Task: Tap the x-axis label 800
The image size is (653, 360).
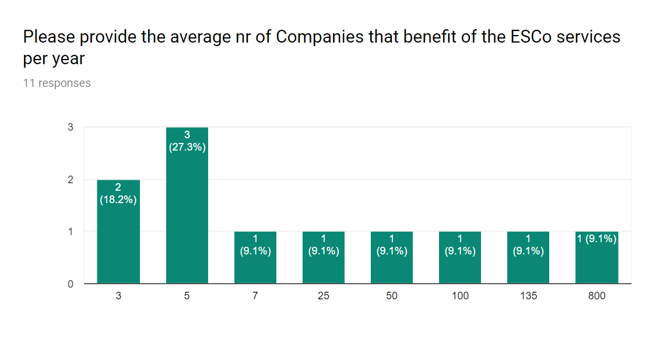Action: click(x=596, y=296)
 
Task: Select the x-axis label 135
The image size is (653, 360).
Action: click(x=528, y=296)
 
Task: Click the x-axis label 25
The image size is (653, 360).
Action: click(x=323, y=296)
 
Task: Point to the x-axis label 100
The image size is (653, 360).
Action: click(x=459, y=296)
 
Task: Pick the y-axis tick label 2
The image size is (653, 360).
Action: click(x=70, y=180)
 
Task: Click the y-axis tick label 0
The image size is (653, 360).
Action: click(x=70, y=284)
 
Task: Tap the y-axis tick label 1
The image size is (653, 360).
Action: click(x=70, y=232)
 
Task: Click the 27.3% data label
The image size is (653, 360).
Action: click(x=187, y=147)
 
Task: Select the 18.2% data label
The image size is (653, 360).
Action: click(x=118, y=200)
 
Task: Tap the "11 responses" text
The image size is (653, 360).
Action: click(x=57, y=83)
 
